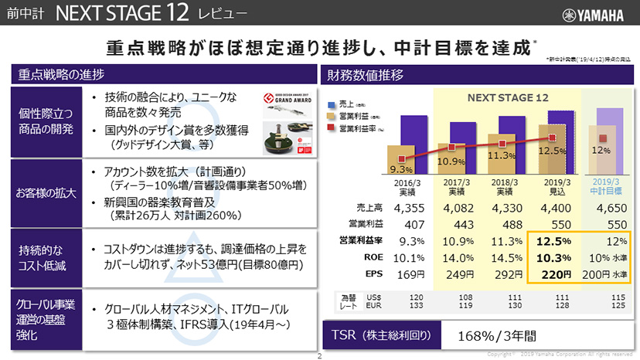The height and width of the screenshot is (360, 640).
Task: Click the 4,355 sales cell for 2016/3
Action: tap(410, 209)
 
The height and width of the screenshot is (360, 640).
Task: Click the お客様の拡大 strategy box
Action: tap(43, 193)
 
